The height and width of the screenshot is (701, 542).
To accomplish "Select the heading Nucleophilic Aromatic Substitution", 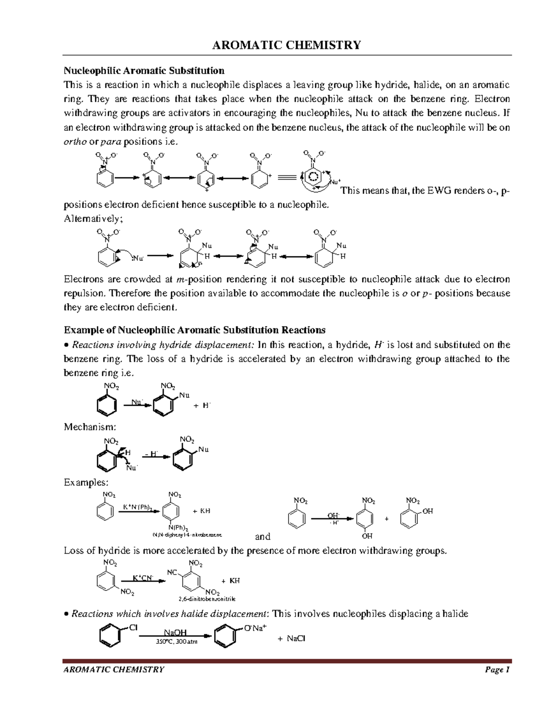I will [x=144, y=70].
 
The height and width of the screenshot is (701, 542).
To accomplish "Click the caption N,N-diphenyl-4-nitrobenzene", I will [x=187, y=535].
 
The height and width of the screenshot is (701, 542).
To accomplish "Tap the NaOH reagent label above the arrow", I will [x=175, y=633].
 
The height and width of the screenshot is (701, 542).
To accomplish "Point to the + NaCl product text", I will [x=292, y=639].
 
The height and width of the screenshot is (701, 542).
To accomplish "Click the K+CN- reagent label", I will [x=143, y=578].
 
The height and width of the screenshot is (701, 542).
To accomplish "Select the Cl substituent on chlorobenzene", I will [x=133, y=627].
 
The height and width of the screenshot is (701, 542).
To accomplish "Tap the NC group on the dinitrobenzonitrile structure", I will [x=172, y=572].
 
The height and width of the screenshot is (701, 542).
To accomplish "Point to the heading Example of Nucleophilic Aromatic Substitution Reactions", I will [x=195, y=330].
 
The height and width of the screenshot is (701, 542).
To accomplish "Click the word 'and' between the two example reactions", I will [x=262, y=537].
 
